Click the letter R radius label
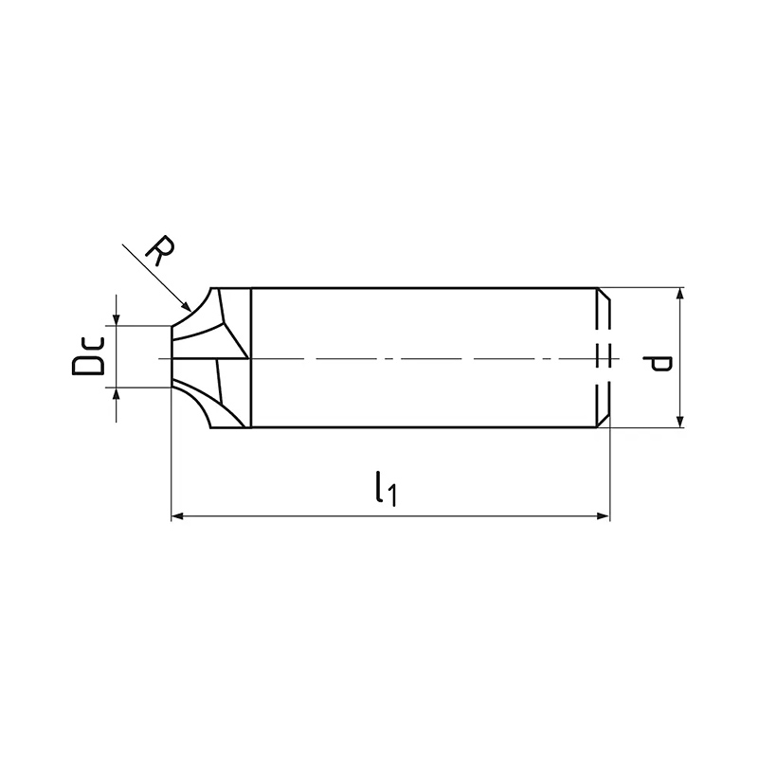click(x=161, y=250)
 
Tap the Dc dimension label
click(x=87, y=356)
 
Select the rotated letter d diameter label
click(x=658, y=364)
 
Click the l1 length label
click(x=387, y=489)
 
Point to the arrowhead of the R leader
click(x=186, y=305)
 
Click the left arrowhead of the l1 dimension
click(x=177, y=516)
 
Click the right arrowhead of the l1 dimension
click(x=604, y=516)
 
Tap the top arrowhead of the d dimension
click(x=679, y=294)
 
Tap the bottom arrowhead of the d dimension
click(x=679, y=422)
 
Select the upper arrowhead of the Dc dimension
click(x=116, y=319)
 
